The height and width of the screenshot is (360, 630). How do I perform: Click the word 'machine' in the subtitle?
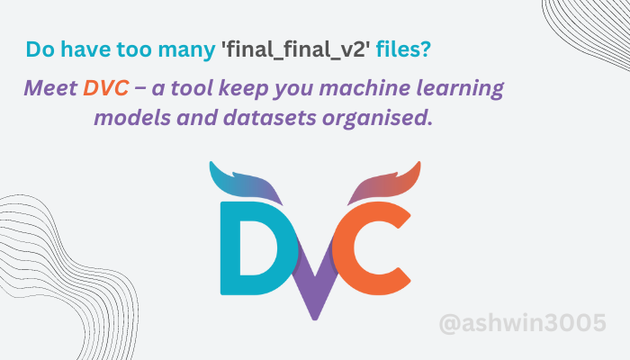[387, 89]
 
